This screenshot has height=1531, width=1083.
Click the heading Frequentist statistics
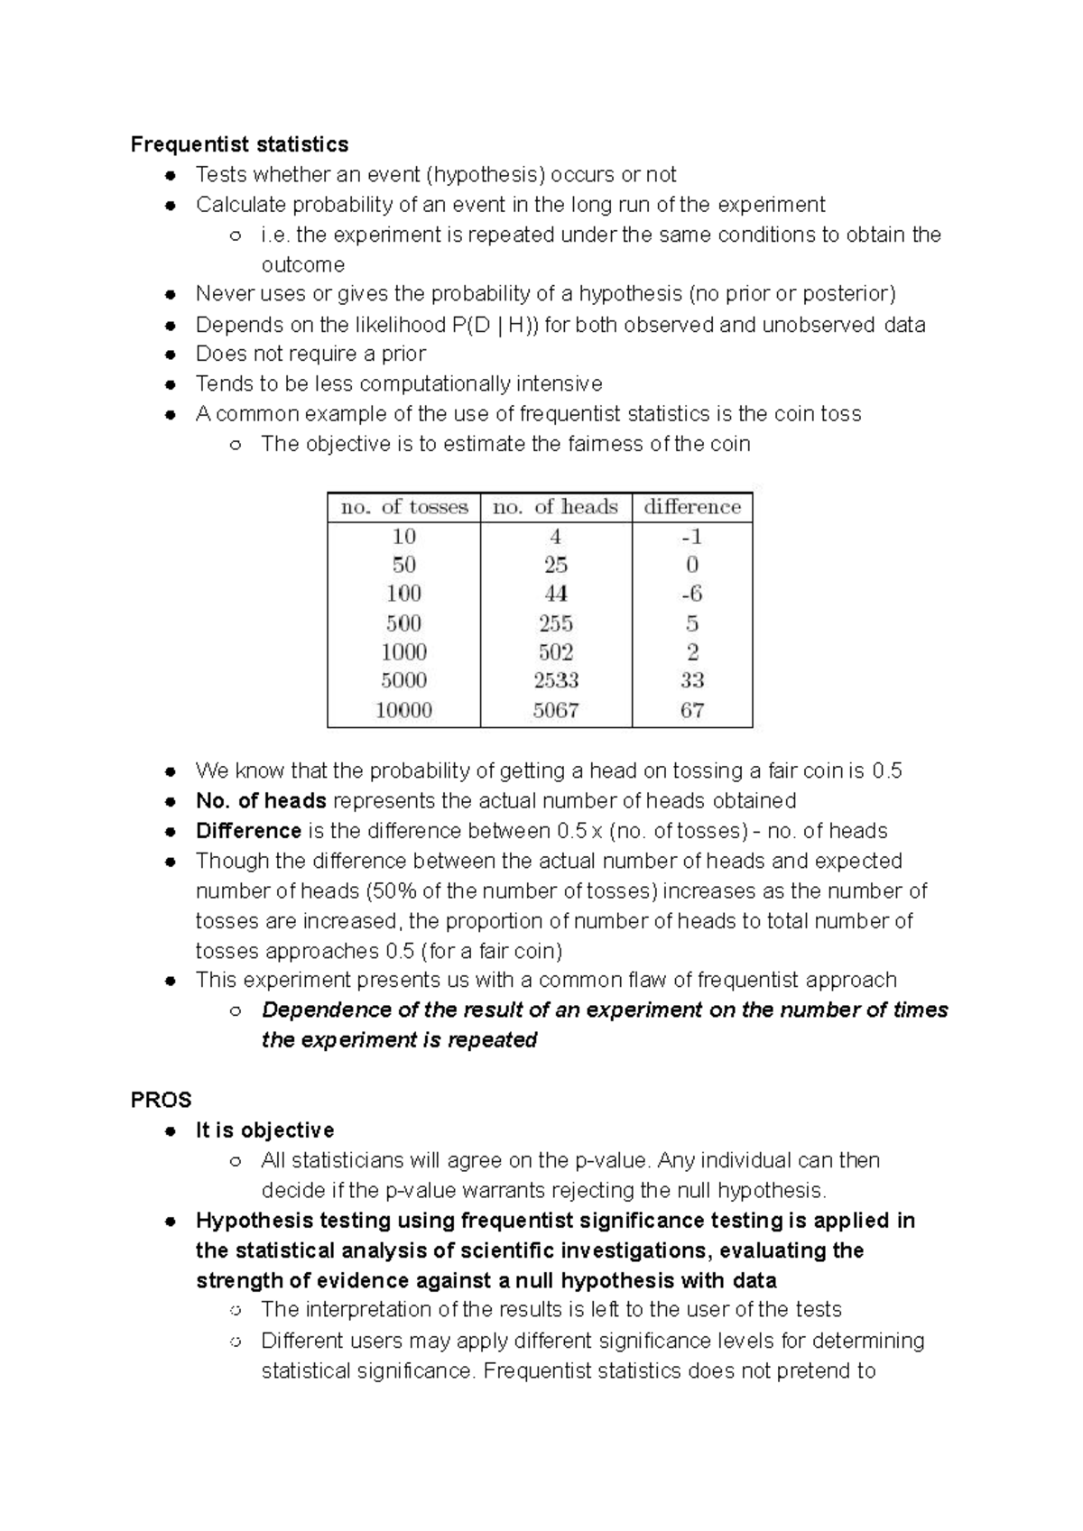(239, 144)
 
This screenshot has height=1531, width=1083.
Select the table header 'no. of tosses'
(404, 507)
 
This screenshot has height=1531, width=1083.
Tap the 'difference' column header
(692, 507)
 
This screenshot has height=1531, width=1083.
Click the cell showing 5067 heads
(556, 710)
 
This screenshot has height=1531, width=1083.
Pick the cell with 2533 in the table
(556, 680)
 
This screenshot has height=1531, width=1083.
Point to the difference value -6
(692, 594)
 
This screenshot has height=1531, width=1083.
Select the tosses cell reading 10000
(404, 710)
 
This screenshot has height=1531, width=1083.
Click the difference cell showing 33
(692, 680)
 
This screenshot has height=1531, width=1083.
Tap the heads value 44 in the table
(556, 594)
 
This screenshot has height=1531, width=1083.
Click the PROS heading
(162, 1100)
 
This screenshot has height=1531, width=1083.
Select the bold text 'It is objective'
(264, 1130)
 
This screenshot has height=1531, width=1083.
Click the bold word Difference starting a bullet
(248, 831)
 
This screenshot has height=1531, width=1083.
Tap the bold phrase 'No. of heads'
(261, 801)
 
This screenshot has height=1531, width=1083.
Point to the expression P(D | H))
(495, 325)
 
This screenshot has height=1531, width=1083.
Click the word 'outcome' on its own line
(303, 265)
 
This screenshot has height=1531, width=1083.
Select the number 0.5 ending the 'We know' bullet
(887, 771)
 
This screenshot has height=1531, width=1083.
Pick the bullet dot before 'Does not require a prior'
(170, 355)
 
